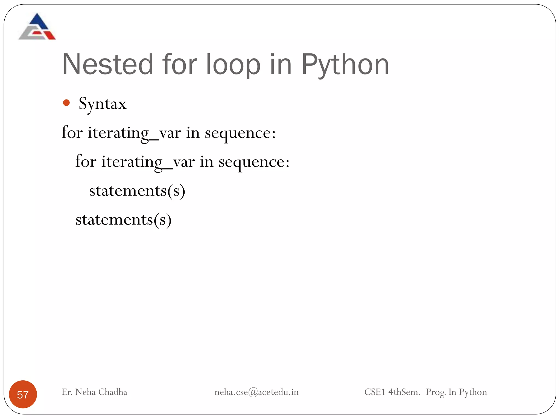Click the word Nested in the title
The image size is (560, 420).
tap(108, 65)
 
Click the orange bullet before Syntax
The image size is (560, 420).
tap(66, 103)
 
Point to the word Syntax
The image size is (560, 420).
tap(103, 104)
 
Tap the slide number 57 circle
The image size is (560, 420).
tap(23, 394)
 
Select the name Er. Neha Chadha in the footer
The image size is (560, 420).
tap(94, 392)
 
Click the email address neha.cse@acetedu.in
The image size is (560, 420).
tap(256, 392)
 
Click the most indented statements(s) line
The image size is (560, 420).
tap(137, 191)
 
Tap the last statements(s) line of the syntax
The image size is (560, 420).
tap(124, 220)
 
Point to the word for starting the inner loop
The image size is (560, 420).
tap(86, 161)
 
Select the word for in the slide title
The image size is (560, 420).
tap(179, 65)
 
